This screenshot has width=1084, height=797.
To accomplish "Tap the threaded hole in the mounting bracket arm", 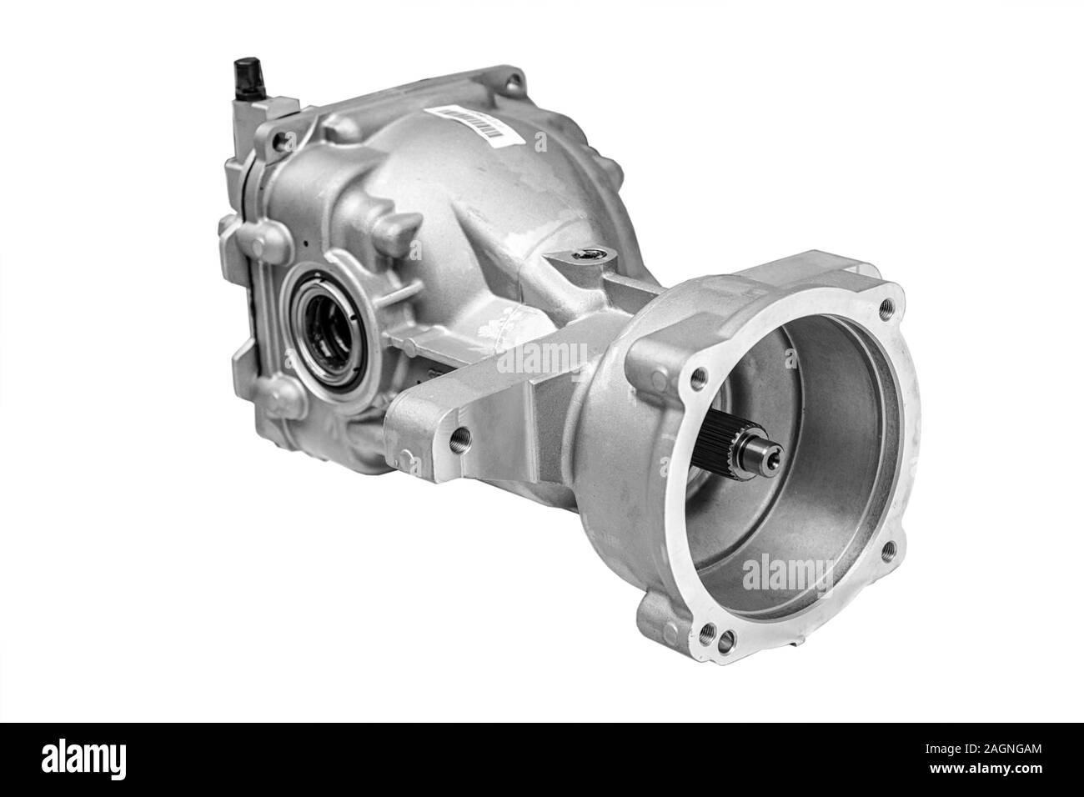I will (x=456, y=434).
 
